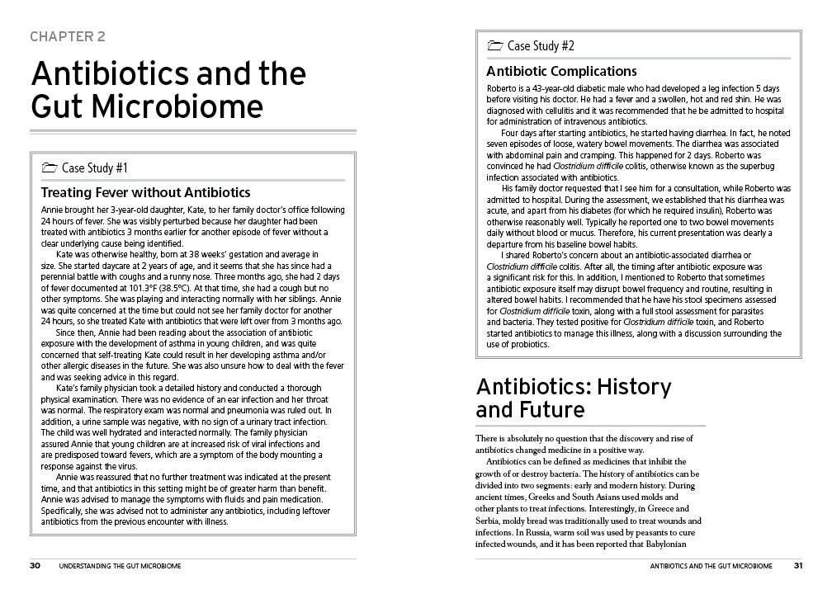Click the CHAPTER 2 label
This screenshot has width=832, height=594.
67,36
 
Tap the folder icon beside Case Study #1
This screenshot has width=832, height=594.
50,168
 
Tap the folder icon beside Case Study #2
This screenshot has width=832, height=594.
495,46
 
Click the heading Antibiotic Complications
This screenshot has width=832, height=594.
561,72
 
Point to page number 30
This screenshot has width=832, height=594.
35,566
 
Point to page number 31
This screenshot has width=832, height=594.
798,566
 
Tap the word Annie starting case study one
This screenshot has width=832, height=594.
51,211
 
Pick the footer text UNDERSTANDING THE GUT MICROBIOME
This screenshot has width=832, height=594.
121,566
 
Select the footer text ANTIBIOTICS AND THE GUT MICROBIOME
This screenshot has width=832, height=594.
711,566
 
